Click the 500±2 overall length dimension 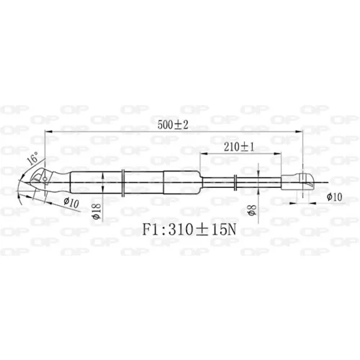(x=173, y=125)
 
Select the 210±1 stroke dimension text (x=239, y=147)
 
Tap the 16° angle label (x=33, y=158)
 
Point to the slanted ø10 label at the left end (x=71, y=202)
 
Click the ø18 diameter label (x=97, y=211)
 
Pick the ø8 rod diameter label (x=253, y=210)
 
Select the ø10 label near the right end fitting (x=334, y=197)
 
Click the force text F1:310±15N (x=189, y=230)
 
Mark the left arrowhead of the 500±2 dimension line (x=48, y=132)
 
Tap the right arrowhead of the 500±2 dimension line (x=299, y=132)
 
